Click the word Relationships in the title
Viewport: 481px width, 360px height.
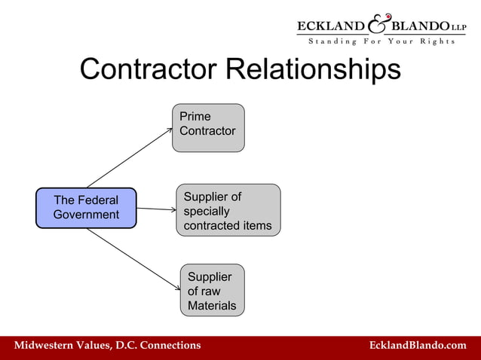pos(314,70)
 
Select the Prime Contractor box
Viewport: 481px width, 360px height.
pos(208,127)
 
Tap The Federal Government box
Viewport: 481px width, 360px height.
pos(86,208)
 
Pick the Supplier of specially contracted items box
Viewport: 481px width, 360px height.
pos(228,211)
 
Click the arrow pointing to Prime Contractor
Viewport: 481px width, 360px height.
pos(130,157)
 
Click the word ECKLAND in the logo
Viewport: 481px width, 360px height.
pos(331,26)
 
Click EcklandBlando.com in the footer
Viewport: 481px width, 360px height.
pos(418,345)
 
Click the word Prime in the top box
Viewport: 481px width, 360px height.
pos(195,117)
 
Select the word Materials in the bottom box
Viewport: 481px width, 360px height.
pos(212,306)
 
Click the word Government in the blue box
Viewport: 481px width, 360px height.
pos(86,215)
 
